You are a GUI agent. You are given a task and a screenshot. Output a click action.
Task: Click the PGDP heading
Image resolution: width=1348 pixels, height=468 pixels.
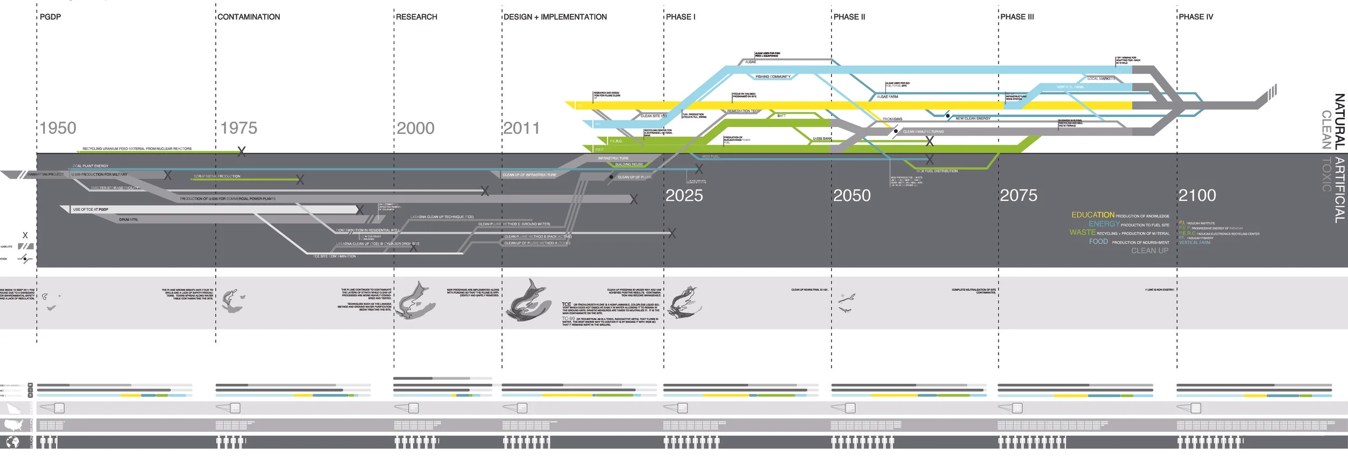point(50,17)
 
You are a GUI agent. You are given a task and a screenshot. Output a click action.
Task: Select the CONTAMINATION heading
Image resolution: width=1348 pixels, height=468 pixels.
point(249,17)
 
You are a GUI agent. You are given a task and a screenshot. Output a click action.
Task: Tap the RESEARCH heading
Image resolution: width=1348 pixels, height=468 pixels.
point(416,17)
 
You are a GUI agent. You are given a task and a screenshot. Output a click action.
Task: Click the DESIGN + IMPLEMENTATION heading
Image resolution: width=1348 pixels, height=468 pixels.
point(555,17)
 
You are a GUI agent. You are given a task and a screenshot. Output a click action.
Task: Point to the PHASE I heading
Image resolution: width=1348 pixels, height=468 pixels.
point(680,17)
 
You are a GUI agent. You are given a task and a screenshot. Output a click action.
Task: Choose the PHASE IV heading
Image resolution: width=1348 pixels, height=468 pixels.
point(1195,17)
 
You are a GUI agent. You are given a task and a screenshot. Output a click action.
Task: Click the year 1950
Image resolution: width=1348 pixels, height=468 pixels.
point(58,128)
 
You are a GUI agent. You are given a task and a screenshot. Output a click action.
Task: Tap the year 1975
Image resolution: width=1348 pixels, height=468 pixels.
point(239,128)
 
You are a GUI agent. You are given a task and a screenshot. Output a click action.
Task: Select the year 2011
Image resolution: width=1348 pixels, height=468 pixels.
point(521,128)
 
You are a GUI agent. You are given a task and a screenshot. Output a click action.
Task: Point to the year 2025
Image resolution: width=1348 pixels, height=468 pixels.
point(684,195)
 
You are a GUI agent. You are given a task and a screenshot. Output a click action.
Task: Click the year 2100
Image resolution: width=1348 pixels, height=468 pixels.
point(1197,195)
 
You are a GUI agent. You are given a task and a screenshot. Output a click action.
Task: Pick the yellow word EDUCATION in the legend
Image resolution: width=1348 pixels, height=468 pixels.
point(1092,215)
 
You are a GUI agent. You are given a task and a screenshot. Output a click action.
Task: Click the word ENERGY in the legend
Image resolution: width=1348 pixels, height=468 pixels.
point(1104,224)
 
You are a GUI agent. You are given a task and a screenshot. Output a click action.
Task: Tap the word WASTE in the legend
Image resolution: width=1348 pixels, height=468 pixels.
point(1082,233)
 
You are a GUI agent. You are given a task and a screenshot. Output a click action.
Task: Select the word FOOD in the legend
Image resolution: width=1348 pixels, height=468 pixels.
point(1098,242)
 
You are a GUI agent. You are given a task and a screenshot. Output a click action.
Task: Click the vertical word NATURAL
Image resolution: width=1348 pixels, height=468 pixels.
point(1339,121)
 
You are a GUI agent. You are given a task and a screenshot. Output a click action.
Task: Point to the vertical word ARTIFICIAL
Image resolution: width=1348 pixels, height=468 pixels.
point(1339,191)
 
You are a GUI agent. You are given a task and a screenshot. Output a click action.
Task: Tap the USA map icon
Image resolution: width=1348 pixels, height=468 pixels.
point(13,424)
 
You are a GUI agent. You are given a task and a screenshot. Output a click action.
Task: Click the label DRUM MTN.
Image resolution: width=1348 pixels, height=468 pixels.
point(128,220)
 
